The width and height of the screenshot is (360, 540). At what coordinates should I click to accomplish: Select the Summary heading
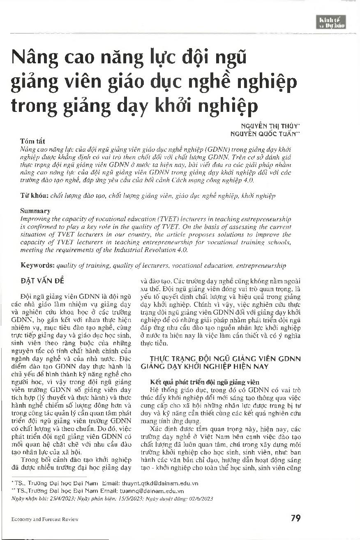tap(35, 211)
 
